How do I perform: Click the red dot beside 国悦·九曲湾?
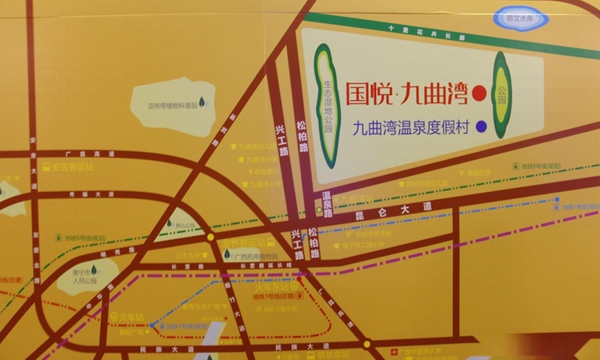click(x=479, y=94)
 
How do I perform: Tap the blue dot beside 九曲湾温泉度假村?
click(x=481, y=126)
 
